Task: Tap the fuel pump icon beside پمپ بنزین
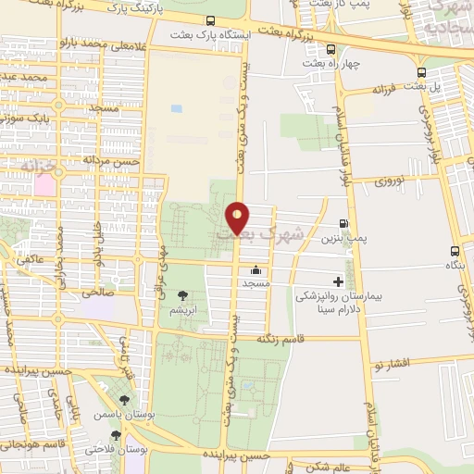click(x=344, y=223)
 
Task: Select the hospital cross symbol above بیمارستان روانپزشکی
click(x=339, y=281)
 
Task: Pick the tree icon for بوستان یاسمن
click(x=123, y=400)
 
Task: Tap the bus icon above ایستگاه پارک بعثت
click(x=211, y=20)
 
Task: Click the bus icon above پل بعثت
click(x=422, y=71)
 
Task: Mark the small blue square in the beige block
click(x=176, y=109)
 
